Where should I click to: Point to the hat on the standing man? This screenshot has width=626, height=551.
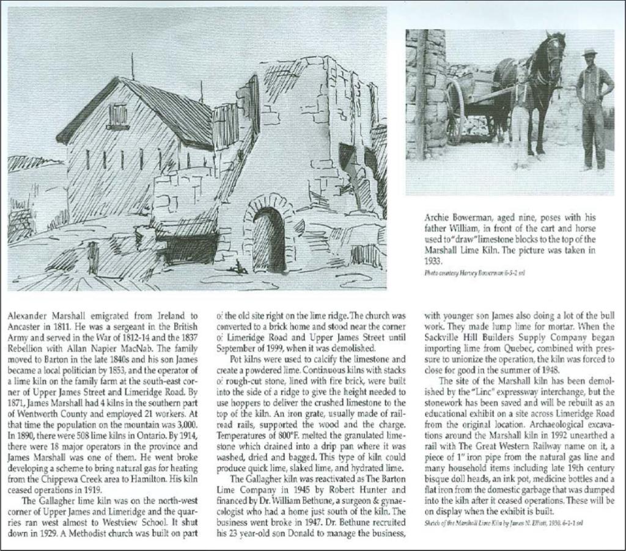click(x=589, y=52)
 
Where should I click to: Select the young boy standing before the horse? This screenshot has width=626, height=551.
click(x=521, y=116)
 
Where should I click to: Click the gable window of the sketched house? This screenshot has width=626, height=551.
click(x=118, y=115)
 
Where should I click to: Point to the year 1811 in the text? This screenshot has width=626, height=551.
click(x=61, y=327)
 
